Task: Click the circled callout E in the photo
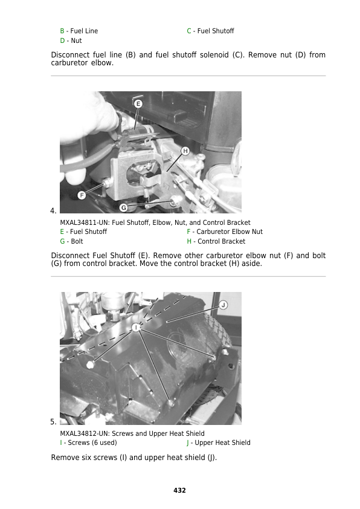click(x=138, y=104)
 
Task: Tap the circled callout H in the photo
click(x=185, y=151)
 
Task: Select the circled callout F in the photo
click(x=81, y=195)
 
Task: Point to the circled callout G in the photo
click(x=123, y=207)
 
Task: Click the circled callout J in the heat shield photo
click(x=223, y=305)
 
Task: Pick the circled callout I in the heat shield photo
click(x=137, y=327)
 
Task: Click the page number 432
click(x=179, y=490)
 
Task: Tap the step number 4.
click(x=53, y=210)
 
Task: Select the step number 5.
click(x=53, y=422)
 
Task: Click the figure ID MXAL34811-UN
click(x=84, y=222)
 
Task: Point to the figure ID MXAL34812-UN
click(x=84, y=433)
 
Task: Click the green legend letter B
click(x=62, y=31)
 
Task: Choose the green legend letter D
click(x=62, y=41)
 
